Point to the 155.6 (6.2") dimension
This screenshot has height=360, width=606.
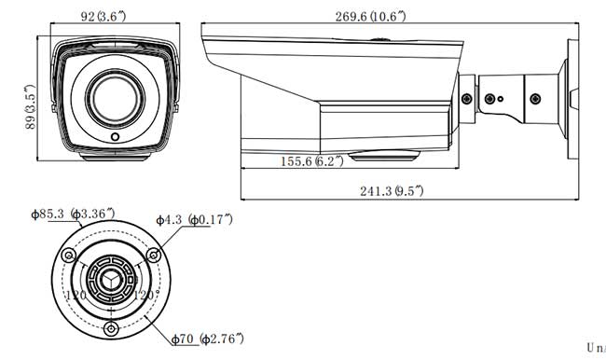tap(311, 160)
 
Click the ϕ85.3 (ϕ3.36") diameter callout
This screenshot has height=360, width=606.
tap(73, 215)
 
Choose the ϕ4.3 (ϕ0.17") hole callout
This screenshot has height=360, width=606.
tap(196, 220)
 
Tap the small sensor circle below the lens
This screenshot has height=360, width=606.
tap(115, 137)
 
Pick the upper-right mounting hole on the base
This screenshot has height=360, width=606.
tap(151, 252)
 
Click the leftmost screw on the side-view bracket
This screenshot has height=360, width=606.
tap(467, 96)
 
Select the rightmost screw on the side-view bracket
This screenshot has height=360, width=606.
tap(534, 96)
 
